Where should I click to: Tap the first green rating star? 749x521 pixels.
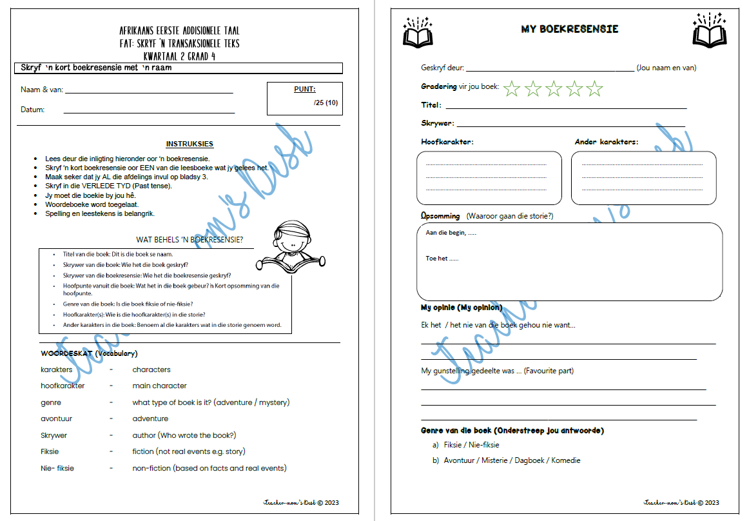(512, 88)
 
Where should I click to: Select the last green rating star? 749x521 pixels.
(594, 88)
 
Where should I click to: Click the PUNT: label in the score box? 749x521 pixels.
(304, 90)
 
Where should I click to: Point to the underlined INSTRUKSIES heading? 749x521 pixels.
(190, 144)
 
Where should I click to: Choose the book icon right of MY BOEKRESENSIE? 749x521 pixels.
(709, 30)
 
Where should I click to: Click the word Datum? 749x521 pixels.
(32, 110)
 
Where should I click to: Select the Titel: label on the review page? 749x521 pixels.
(431, 105)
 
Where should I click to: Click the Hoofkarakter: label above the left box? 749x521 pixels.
(447, 142)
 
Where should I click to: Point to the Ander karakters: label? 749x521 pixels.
(606, 142)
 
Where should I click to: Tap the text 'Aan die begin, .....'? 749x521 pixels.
(451, 233)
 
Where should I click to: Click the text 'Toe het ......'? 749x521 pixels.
(442, 259)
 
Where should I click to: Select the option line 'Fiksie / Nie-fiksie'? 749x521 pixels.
(471, 445)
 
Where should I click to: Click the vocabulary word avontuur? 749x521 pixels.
(56, 418)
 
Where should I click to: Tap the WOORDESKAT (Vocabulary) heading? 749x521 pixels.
(89, 353)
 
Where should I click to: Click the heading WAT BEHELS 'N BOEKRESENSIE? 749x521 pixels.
(190, 241)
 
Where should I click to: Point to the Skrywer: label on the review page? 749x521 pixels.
(437, 123)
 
